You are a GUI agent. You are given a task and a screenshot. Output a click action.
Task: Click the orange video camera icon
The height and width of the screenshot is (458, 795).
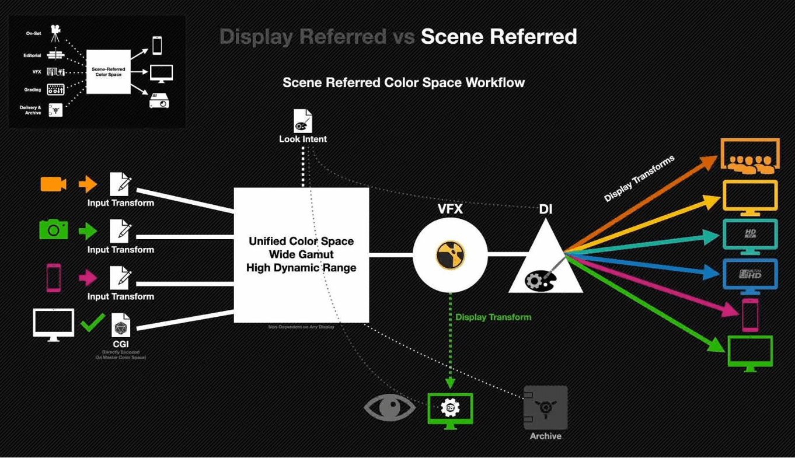pyautogui.click(x=53, y=184)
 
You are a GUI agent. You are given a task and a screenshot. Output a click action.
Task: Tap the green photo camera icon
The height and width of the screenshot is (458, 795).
pyautogui.click(x=53, y=230)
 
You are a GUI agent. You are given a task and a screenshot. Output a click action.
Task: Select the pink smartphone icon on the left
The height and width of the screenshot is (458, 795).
pyautogui.click(x=54, y=277)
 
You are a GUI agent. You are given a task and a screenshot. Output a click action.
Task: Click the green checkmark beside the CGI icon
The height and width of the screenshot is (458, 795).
pyautogui.click(x=93, y=322)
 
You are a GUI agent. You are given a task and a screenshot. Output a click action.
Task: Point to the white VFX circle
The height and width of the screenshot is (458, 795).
pyautogui.click(x=449, y=255)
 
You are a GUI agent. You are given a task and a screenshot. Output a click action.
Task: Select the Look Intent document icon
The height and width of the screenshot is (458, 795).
pyautogui.click(x=302, y=121)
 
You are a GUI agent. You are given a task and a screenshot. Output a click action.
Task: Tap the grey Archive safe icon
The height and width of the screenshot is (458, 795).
pyautogui.click(x=545, y=407)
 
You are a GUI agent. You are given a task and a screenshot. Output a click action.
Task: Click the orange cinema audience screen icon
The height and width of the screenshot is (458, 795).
pyautogui.click(x=750, y=156)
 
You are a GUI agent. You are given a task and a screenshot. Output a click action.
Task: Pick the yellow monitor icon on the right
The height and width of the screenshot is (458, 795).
pyautogui.click(x=750, y=197)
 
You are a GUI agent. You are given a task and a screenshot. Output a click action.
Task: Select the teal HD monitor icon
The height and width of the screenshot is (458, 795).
pyautogui.click(x=750, y=236)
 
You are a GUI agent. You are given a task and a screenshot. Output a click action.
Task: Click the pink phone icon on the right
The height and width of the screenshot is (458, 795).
pyautogui.click(x=750, y=314)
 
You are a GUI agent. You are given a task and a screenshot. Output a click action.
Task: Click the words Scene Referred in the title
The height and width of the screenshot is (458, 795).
pyautogui.click(x=498, y=37)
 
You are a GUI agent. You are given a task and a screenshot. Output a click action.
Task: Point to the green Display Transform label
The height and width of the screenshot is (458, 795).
pyautogui.click(x=493, y=317)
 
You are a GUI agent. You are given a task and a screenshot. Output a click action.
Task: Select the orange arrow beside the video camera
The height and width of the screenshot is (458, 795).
pyautogui.click(x=88, y=184)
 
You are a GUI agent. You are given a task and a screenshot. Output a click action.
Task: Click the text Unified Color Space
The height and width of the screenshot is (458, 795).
pyautogui.click(x=301, y=241)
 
